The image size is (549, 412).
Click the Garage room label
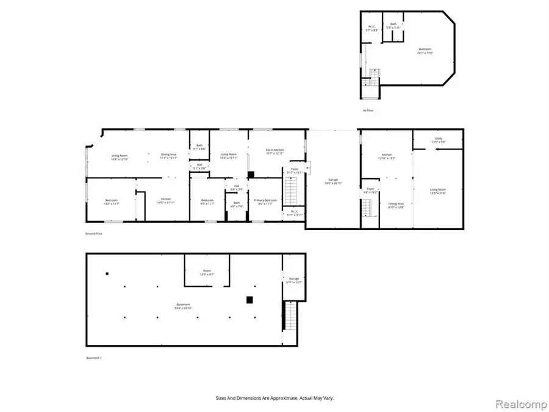click(x=332, y=181)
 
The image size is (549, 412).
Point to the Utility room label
click(x=438, y=140)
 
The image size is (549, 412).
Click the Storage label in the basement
click(x=294, y=281)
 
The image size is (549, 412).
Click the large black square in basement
click(x=249, y=300)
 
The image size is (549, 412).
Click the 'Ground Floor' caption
click(x=93, y=234)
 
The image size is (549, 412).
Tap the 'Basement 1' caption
click(x=94, y=358)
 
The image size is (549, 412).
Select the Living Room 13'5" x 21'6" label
click(x=437, y=191)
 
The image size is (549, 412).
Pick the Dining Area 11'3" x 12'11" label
click(x=168, y=157)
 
